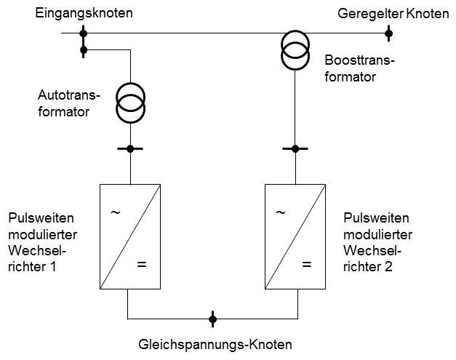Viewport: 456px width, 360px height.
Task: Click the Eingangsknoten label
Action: click(x=84, y=13)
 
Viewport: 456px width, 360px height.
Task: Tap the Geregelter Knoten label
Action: click(x=393, y=14)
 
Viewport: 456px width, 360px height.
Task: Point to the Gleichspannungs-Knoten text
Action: click(x=215, y=345)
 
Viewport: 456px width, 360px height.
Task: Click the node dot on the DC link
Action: click(x=212, y=319)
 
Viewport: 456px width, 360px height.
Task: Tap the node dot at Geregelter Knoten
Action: click(x=389, y=33)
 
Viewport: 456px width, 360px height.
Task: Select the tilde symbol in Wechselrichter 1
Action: click(x=116, y=212)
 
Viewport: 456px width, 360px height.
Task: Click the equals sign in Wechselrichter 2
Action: click(x=307, y=265)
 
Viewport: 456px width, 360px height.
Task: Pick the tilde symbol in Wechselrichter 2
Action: click(x=281, y=212)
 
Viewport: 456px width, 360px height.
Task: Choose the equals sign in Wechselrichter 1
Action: click(x=142, y=265)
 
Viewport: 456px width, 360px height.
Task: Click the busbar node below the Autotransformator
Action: click(x=130, y=148)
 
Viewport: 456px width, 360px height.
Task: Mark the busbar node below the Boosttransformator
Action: click(x=295, y=148)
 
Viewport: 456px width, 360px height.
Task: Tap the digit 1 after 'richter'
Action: click(x=53, y=267)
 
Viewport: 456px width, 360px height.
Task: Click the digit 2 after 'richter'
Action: click(x=388, y=267)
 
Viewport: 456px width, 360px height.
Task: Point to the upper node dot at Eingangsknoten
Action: click(x=83, y=33)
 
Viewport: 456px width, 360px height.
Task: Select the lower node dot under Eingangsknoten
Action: click(x=84, y=50)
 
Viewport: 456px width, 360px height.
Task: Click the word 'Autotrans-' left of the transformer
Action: click(x=69, y=95)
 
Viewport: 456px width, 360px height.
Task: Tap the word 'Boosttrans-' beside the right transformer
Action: click(x=359, y=60)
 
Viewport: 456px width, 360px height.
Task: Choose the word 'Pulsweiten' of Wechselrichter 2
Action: click(x=376, y=217)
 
